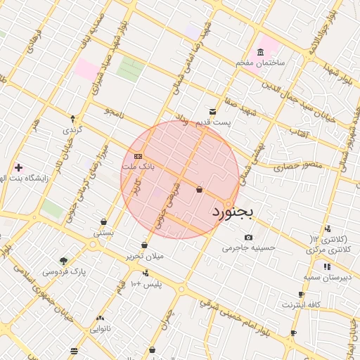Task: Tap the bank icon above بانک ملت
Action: [x=138, y=156]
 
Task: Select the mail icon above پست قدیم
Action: [x=212, y=112]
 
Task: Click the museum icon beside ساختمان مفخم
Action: [x=261, y=53]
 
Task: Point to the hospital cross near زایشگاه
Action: [x=18, y=167]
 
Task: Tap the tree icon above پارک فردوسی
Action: [x=64, y=260]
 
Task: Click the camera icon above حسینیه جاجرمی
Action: [x=248, y=237]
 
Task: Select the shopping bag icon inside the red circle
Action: [x=199, y=189]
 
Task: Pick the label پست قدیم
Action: [x=223, y=122]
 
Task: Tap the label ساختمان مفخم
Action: [x=260, y=63]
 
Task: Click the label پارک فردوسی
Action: [x=64, y=271]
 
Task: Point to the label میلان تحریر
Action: [x=145, y=256]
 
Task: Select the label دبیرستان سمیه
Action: [x=326, y=278]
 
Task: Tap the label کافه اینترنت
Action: [x=302, y=304]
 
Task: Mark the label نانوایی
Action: [x=100, y=328]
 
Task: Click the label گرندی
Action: [x=73, y=130]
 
